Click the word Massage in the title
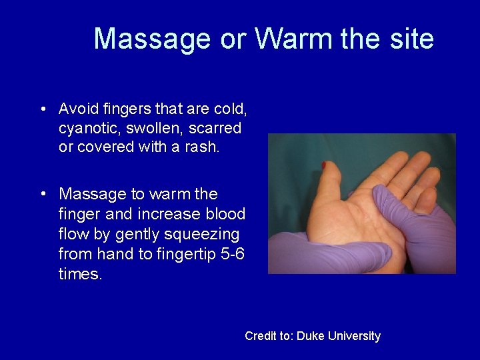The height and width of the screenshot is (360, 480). click(152, 39)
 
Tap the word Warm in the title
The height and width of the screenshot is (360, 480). click(294, 39)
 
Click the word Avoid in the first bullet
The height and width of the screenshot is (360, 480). click(77, 109)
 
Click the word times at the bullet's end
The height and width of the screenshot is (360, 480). click(80, 274)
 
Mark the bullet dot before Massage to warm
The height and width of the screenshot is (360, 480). click(43, 195)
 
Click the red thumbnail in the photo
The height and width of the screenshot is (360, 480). click(324, 164)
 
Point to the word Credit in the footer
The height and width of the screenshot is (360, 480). click(261, 336)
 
